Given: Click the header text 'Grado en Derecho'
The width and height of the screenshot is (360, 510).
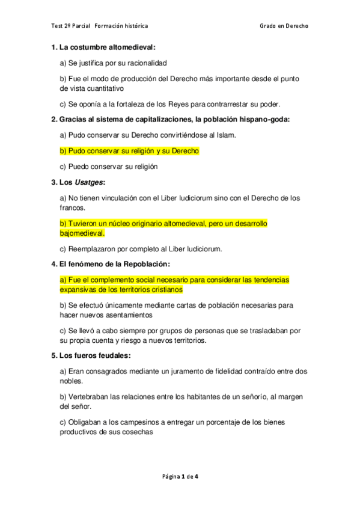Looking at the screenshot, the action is click(284, 26).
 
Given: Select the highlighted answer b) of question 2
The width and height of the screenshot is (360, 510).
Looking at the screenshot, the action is click(129, 151).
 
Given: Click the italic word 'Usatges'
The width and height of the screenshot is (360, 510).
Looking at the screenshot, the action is click(88, 182).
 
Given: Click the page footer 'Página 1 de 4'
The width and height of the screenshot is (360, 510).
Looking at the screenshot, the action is click(180, 477).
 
